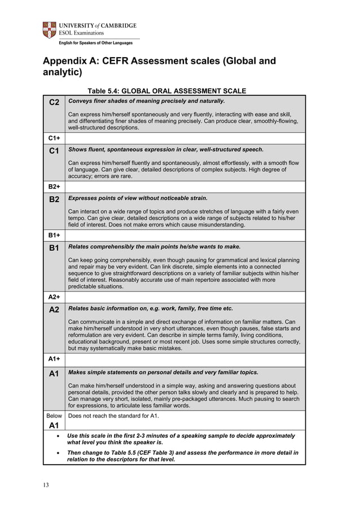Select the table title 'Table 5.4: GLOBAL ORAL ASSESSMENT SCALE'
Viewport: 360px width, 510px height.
tap(167, 91)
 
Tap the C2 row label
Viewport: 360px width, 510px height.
tap(54, 102)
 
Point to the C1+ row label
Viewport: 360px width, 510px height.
tap(54, 138)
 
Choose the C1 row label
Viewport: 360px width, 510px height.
tap(54, 151)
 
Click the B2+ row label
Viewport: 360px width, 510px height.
tap(54, 186)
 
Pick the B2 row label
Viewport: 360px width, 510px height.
tap(54, 199)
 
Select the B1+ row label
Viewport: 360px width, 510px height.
tap(54, 235)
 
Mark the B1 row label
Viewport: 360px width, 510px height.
tap(54, 247)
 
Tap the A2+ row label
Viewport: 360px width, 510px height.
tap(54, 297)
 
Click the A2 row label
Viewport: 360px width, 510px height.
tap(54, 309)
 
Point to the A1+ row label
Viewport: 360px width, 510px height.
tap(54, 359)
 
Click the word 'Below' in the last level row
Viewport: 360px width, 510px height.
tap(54, 416)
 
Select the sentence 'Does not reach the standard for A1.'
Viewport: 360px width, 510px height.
tap(113, 416)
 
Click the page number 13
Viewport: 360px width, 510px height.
tap(46, 484)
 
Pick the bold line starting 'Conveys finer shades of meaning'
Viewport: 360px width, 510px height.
tap(146, 101)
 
